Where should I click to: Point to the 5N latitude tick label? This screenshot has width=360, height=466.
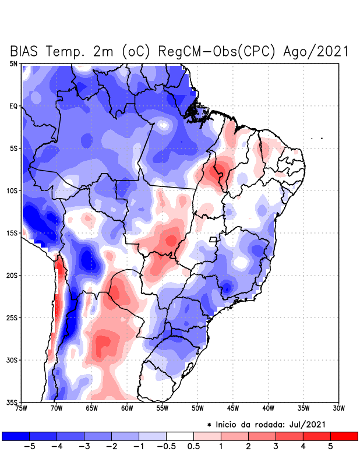(13, 63)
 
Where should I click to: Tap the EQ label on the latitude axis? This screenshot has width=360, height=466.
(13, 106)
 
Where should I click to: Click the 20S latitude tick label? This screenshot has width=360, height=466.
(12, 276)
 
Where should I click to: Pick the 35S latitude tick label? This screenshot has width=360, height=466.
(12, 403)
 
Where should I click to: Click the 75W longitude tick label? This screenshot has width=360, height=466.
(22, 408)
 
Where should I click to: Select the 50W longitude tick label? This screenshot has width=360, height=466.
(197, 408)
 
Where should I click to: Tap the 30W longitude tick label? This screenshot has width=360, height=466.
(338, 408)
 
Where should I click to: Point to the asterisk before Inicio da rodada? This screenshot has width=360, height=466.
(209, 425)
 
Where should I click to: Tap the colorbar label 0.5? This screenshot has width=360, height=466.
(194, 446)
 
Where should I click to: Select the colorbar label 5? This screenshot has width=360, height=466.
(330, 446)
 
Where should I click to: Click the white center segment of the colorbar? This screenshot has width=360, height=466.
(179, 436)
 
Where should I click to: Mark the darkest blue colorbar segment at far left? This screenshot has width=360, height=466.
(16, 436)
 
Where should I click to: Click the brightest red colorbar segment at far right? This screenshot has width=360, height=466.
(344, 436)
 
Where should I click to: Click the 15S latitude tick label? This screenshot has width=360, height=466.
(12, 233)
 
